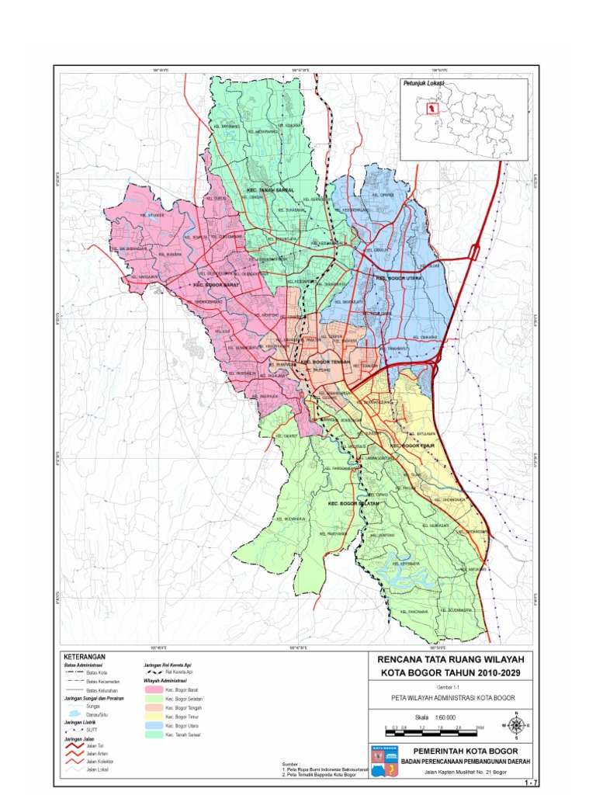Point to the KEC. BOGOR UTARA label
(x=399, y=276)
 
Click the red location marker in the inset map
(x=431, y=108)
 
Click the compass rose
(x=517, y=726)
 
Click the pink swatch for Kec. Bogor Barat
(x=158, y=688)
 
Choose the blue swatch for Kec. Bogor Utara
(x=158, y=725)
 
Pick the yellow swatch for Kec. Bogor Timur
(x=158, y=716)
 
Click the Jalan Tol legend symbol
(x=74, y=744)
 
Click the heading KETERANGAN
(x=83, y=657)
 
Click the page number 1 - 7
(x=531, y=782)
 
